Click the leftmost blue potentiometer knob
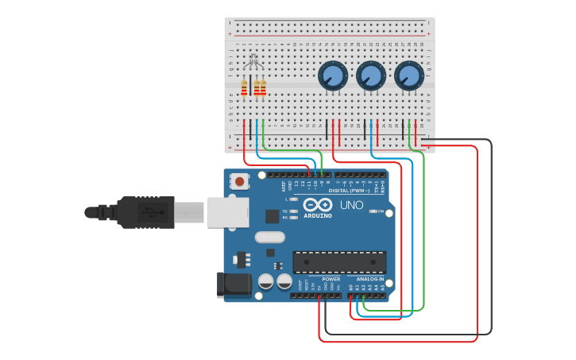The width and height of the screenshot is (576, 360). [x=333, y=76]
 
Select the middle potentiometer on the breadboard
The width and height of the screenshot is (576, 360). [x=371, y=76]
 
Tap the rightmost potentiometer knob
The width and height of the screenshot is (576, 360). [x=408, y=76]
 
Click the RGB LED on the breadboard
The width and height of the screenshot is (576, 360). [x=253, y=61]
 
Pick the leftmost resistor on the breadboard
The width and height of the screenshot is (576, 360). [x=244, y=87]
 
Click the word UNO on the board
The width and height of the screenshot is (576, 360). [x=352, y=205]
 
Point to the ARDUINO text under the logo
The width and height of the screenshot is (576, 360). [x=318, y=215]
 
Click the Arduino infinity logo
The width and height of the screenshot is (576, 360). [x=318, y=204]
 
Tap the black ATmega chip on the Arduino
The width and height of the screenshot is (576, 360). [x=339, y=262]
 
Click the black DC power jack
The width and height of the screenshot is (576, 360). [x=229, y=286]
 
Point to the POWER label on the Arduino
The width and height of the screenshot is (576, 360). [x=331, y=280]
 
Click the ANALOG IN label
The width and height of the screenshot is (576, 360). [x=369, y=280]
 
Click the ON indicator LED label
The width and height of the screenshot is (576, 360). [x=380, y=211]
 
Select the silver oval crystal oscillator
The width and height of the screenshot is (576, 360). [x=269, y=237]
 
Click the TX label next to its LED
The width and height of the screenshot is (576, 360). [x=286, y=211]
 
